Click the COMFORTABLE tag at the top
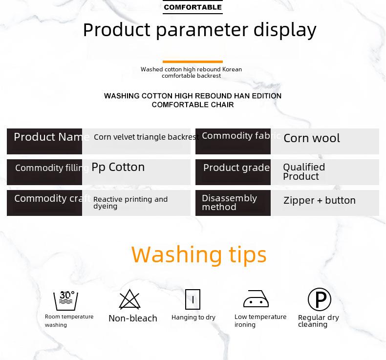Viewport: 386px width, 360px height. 193,7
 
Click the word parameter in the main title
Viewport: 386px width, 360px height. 202,30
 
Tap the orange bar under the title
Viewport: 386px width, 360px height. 193,62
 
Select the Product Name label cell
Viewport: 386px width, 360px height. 44,141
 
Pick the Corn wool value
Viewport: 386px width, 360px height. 312,138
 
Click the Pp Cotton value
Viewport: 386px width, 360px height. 118,168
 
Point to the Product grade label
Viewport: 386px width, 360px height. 236,168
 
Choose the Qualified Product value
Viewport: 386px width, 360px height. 304,172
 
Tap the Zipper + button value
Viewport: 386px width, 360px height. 320,200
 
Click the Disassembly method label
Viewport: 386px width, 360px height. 229,203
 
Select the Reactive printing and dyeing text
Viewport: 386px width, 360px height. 130,203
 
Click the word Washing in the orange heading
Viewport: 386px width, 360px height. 176,254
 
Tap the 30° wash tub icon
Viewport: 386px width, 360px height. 66,300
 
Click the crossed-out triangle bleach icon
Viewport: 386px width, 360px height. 129,299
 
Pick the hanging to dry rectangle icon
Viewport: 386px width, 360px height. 193,299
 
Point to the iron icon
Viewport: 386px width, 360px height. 256,299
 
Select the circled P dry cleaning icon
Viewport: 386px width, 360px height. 320,299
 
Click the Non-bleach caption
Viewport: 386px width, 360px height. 133,318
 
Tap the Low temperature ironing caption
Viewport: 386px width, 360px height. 260,320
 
